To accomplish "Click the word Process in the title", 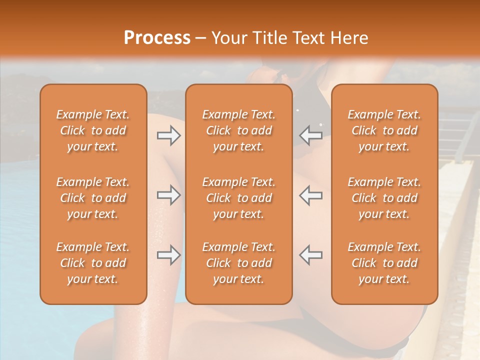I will pyautogui.click(x=157, y=38).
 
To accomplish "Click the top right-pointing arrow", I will pyautogui.click(x=169, y=135).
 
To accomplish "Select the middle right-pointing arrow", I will pyautogui.click(x=169, y=195).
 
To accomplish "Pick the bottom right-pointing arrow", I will pyautogui.click(x=169, y=255).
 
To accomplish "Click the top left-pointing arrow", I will pyautogui.click(x=311, y=135).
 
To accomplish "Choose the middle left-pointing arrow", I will pyautogui.click(x=311, y=195).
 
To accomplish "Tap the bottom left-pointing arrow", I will pyautogui.click(x=311, y=255).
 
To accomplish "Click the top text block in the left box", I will pyautogui.click(x=93, y=130).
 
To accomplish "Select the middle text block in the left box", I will pyautogui.click(x=93, y=198).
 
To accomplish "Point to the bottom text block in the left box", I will pyautogui.click(x=93, y=263).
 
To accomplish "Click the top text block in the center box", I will pyautogui.click(x=239, y=130).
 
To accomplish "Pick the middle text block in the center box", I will pyautogui.click(x=239, y=198).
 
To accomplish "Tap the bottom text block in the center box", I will pyautogui.click(x=239, y=263).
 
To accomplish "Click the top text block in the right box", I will pyautogui.click(x=384, y=130).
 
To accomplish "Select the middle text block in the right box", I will pyautogui.click(x=384, y=198).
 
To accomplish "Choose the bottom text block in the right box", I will pyautogui.click(x=384, y=263).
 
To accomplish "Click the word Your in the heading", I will pyautogui.click(x=228, y=38).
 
